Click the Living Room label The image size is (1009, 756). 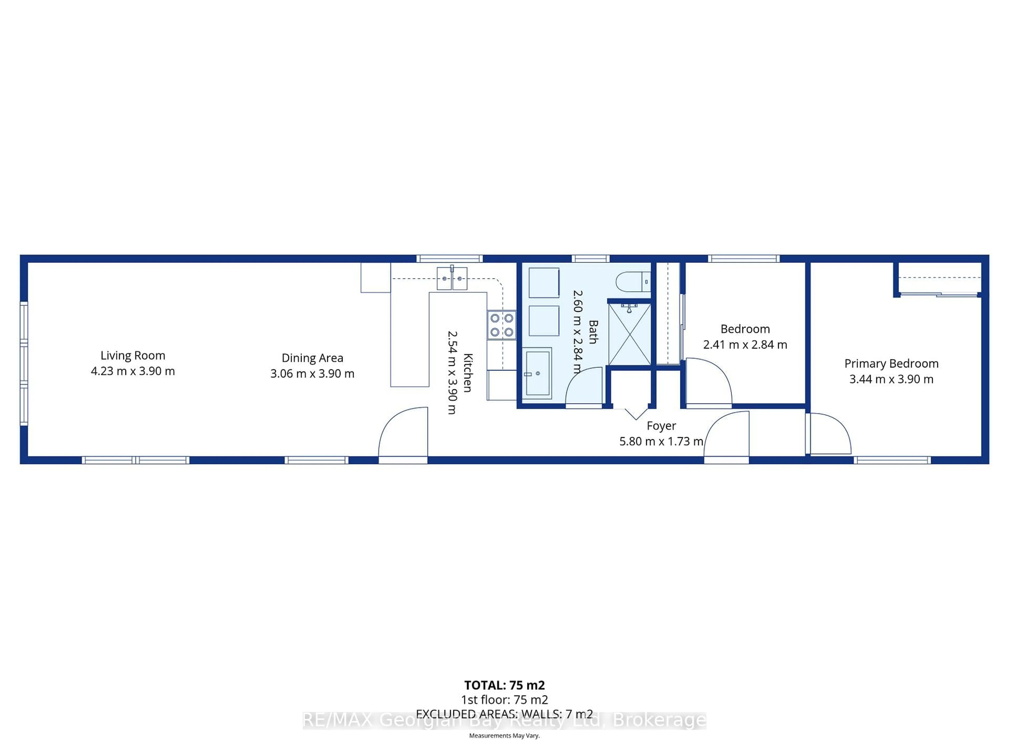tap(133, 355)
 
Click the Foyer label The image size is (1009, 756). tap(661, 426)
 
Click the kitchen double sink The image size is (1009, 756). tap(452, 279)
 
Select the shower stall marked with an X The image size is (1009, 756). tap(630, 334)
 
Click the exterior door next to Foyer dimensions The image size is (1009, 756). tap(727, 435)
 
